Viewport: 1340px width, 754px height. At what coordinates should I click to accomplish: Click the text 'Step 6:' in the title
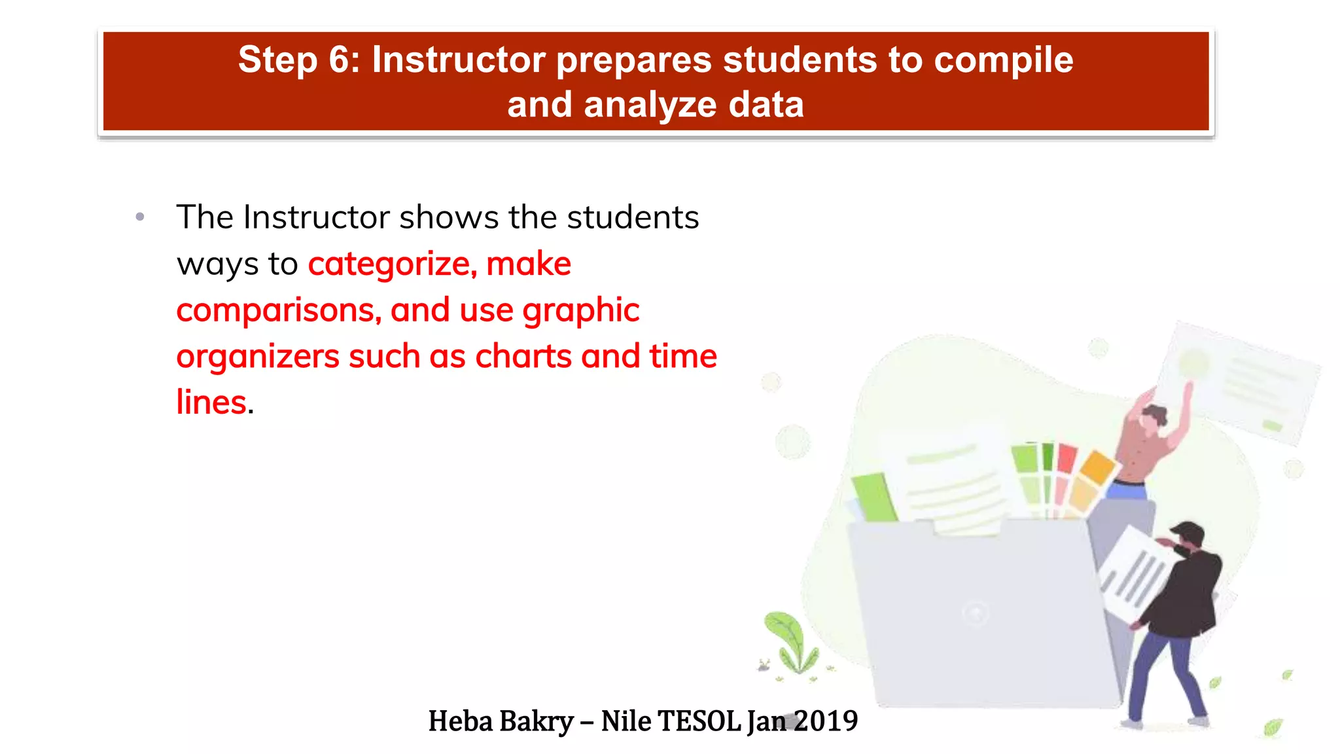pyautogui.click(x=298, y=60)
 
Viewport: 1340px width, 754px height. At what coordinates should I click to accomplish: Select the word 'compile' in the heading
pyautogui.click(x=1003, y=60)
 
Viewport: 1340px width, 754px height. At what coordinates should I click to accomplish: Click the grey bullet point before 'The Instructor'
pyautogui.click(x=139, y=217)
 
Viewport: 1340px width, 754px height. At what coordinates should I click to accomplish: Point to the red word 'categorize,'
pyautogui.click(x=391, y=264)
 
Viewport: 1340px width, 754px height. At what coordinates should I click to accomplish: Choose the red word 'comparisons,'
pyautogui.click(x=279, y=310)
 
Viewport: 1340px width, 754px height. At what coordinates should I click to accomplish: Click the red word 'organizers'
pyautogui.click(x=257, y=357)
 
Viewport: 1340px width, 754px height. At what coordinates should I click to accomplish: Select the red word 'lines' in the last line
pyautogui.click(x=211, y=403)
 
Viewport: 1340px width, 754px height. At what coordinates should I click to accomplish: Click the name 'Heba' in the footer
pyautogui.click(x=460, y=721)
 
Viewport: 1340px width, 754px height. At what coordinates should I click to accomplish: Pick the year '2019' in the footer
pyautogui.click(x=826, y=721)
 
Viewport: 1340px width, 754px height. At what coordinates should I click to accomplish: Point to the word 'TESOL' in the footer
pyautogui.click(x=699, y=721)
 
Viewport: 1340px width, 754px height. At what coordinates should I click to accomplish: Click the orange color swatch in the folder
pyautogui.click(x=1097, y=467)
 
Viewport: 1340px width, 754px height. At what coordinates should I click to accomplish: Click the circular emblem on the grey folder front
pyautogui.click(x=976, y=613)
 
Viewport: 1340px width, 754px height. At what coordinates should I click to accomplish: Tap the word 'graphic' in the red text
pyautogui.click(x=580, y=310)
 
